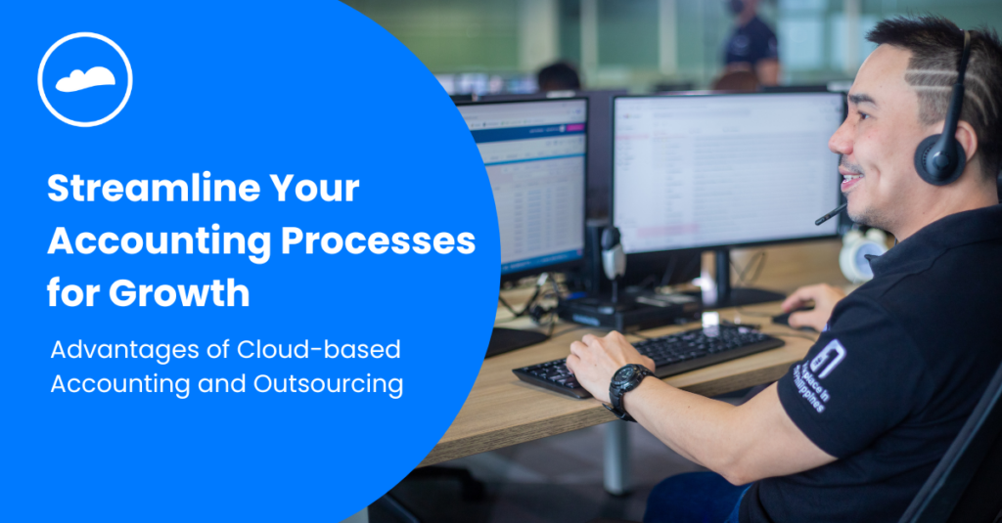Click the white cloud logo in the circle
[x=85, y=79]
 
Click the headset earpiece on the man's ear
[x=938, y=157]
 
